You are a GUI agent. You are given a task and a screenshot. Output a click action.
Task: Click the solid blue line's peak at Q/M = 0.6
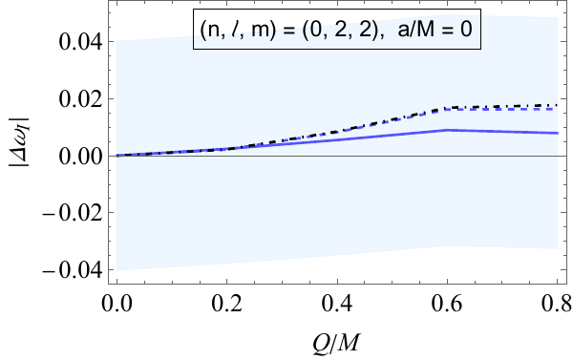pyautogui.click(x=446, y=130)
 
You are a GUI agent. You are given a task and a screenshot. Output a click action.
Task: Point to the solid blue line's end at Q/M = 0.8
pyautogui.click(x=556, y=133)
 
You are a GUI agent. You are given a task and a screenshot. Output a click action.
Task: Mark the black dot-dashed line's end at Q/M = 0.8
pyautogui.click(x=556, y=105)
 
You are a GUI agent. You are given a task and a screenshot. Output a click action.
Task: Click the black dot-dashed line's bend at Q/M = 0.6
pyautogui.click(x=446, y=108)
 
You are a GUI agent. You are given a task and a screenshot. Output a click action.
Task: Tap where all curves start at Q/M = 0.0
pyautogui.click(x=117, y=156)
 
